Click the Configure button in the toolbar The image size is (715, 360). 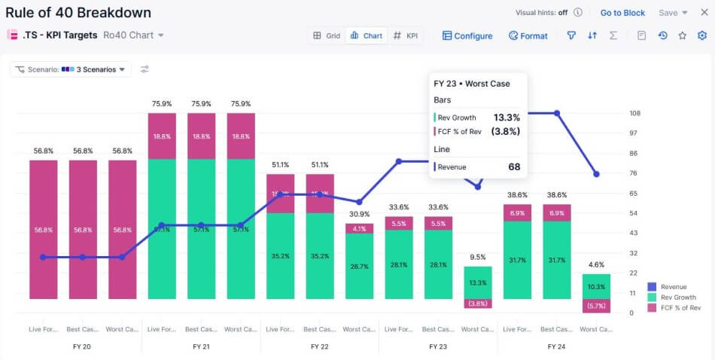[x=467, y=35]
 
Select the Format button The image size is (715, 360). [x=528, y=35]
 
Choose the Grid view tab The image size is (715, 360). [x=327, y=35]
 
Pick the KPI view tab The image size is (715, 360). [x=406, y=35]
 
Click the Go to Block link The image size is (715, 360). [x=622, y=13]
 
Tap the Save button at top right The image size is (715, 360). [x=673, y=13]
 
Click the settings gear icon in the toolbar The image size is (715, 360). [x=702, y=35]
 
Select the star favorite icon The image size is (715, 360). [x=683, y=35]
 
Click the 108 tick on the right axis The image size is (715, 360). [x=634, y=114]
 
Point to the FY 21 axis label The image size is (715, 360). [x=201, y=346]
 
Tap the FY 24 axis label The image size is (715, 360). [x=556, y=346]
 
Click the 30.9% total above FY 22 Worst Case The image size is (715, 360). [x=359, y=214]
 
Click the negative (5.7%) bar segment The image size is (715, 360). [x=596, y=306]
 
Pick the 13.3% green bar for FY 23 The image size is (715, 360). [x=478, y=282]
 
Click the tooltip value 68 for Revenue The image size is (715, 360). [x=514, y=167]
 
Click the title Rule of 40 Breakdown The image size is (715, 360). [x=78, y=13]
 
